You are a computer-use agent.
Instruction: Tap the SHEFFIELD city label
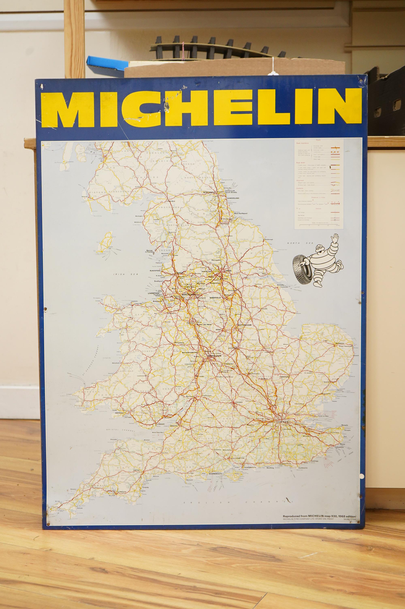[215, 298]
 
